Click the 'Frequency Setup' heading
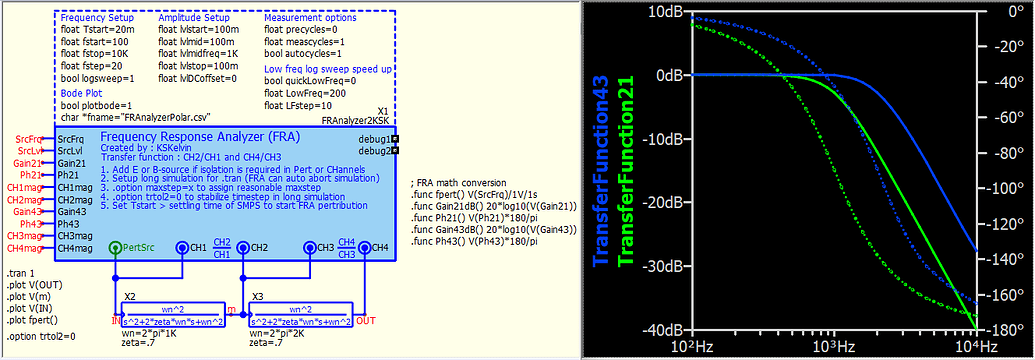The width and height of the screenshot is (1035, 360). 95,18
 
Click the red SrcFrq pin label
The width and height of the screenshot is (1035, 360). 29,138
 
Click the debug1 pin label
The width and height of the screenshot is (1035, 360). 373,138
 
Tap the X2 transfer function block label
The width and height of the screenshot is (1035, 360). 129,298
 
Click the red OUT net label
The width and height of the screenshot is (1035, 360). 365,321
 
